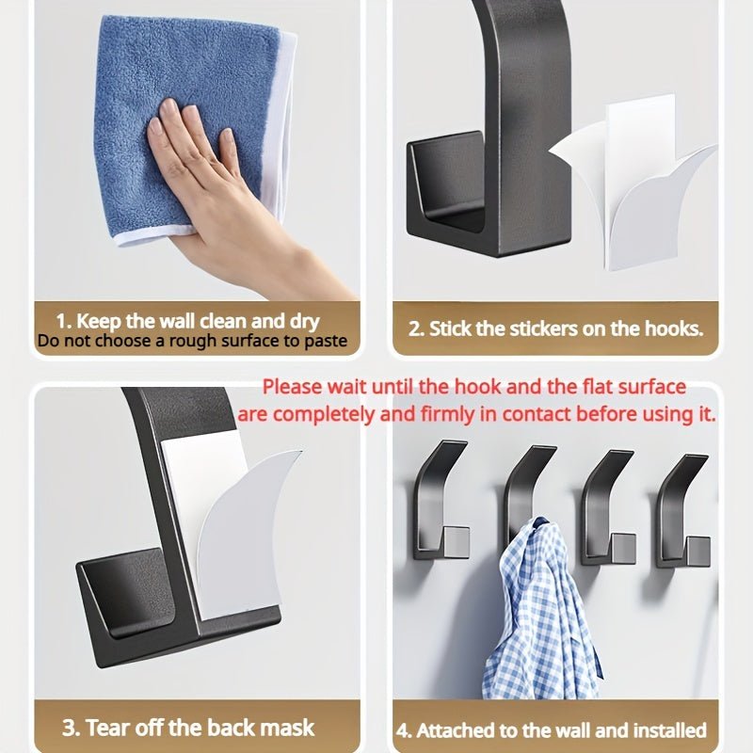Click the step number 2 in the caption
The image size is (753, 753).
pos(415,328)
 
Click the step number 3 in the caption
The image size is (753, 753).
pos(69,728)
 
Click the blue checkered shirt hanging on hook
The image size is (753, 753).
pos(541,612)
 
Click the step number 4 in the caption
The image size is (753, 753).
pos(403,730)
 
